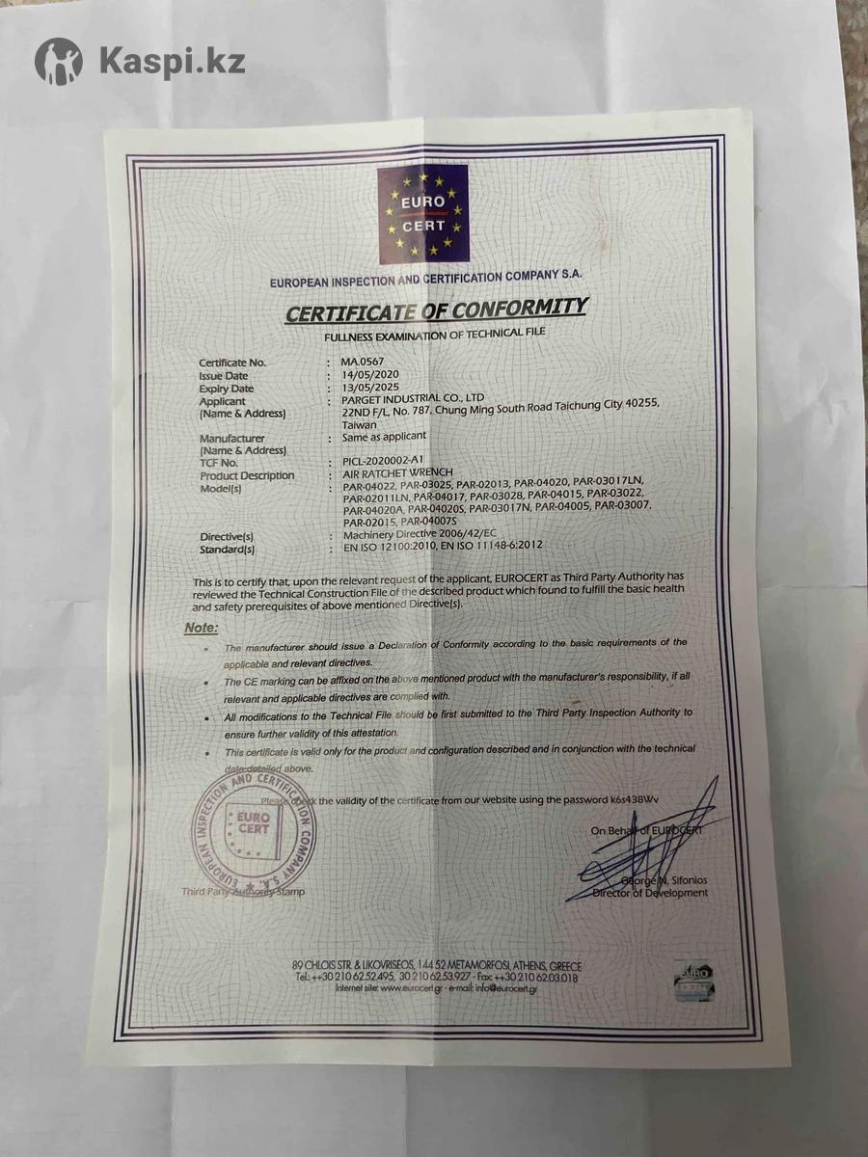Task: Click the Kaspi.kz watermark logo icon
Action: [x=59, y=62]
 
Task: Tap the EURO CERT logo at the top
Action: [x=422, y=214]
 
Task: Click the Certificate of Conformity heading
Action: [x=435, y=309]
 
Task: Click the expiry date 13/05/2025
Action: [x=365, y=388]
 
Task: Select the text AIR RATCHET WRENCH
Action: [x=391, y=474]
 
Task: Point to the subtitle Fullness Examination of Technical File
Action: [x=434, y=333]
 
